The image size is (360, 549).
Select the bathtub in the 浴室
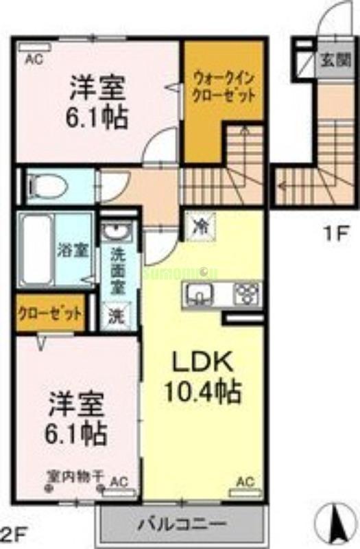(x=34, y=250)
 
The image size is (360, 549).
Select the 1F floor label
(x=336, y=233)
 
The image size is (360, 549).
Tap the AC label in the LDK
(x=244, y=482)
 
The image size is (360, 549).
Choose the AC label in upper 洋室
(x=34, y=60)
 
